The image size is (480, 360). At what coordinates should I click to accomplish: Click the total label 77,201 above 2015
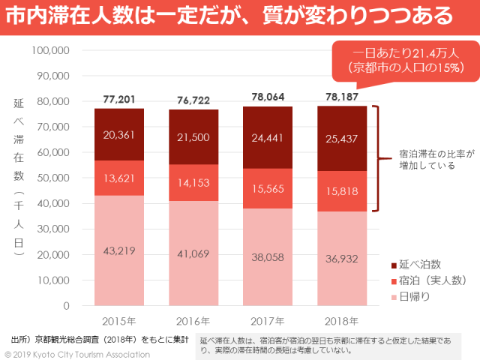pyautogui.click(x=118, y=99)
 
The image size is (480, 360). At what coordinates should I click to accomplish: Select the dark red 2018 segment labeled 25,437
pyautogui.click(x=342, y=139)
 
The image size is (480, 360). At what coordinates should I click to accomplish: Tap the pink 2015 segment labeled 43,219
pyautogui.click(x=118, y=250)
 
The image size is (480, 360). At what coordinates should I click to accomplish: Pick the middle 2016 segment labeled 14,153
pyautogui.click(x=193, y=182)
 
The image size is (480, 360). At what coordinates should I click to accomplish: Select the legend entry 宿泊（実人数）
pyautogui.click(x=431, y=281)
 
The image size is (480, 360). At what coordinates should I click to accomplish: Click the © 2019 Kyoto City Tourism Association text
pyautogui.click(x=77, y=353)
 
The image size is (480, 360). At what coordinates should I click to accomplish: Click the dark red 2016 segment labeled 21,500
pyautogui.click(x=193, y=137)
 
